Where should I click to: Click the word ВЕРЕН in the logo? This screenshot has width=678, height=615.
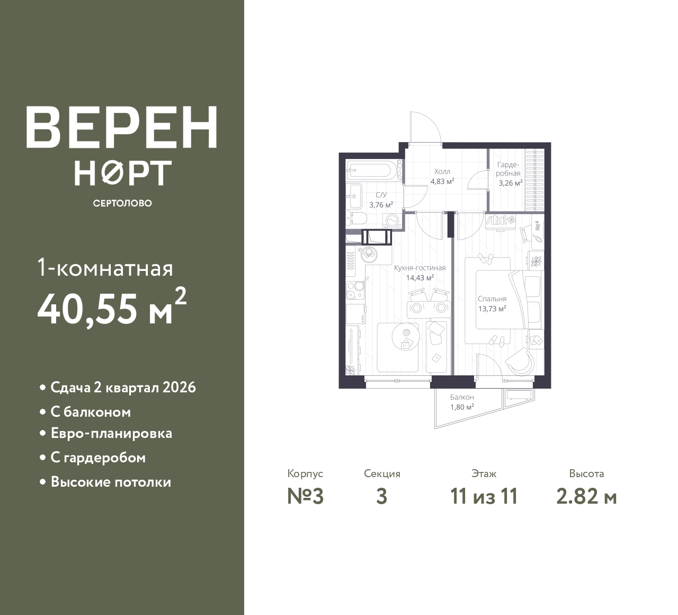[122, 127]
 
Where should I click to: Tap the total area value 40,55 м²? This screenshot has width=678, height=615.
[112, 307]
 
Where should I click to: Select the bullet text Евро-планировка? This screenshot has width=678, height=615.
[111, 433]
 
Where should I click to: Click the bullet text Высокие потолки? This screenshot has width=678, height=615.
[111, 482]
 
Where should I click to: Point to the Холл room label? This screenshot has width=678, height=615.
[442, 171]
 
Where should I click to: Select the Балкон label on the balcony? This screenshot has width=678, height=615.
[462, 397]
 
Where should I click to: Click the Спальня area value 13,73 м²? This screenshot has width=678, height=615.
[492, 309]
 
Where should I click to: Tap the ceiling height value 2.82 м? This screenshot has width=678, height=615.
[587, 497]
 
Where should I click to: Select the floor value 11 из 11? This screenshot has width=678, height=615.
[484, 497]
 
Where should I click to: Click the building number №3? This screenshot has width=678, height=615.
[305, 497]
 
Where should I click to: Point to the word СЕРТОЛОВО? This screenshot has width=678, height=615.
[122, 203]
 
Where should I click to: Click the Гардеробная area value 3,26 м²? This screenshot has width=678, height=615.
[511, 183]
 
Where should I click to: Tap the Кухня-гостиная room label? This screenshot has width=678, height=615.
[420, 268]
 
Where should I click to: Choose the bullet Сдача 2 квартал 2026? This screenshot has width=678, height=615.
[123, 388]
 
